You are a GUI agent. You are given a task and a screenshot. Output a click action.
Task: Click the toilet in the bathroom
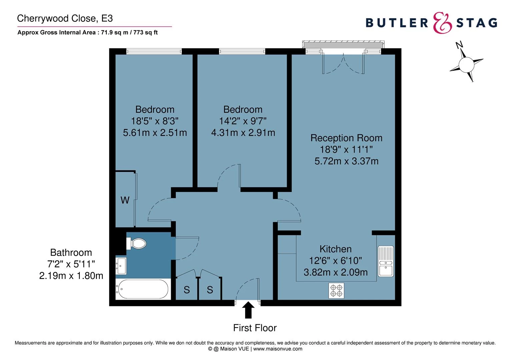(137, 243)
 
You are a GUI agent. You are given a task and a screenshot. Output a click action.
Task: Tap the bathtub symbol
(142, 289)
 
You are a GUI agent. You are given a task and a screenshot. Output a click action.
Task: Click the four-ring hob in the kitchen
(336, 291)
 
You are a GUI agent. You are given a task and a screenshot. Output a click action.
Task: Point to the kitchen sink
(386, 262)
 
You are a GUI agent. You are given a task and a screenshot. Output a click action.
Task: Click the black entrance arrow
(248, 310)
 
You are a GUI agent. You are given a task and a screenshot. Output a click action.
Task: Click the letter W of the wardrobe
(125, 200)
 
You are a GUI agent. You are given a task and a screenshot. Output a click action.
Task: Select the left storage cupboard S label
(187, 290)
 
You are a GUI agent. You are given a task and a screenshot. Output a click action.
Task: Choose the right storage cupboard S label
(210, 290)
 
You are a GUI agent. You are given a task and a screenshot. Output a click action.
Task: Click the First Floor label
(255, 328)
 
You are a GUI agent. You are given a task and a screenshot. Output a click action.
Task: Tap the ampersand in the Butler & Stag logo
(442, 23)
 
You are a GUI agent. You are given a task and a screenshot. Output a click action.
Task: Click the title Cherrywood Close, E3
(65, 18)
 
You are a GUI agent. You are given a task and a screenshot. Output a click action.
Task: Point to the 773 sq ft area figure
(145, 33)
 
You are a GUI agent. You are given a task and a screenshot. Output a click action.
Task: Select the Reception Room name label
(346, 138)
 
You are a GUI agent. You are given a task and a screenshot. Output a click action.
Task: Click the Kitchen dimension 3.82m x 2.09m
(336, 272)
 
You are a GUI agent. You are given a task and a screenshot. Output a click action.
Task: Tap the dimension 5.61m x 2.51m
(155, 133)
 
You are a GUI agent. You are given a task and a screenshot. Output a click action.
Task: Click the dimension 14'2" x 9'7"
(243, 121)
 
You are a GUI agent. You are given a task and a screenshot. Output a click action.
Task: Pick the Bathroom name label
(71, 253)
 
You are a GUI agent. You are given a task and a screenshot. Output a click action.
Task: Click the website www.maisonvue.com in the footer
(278, 349)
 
